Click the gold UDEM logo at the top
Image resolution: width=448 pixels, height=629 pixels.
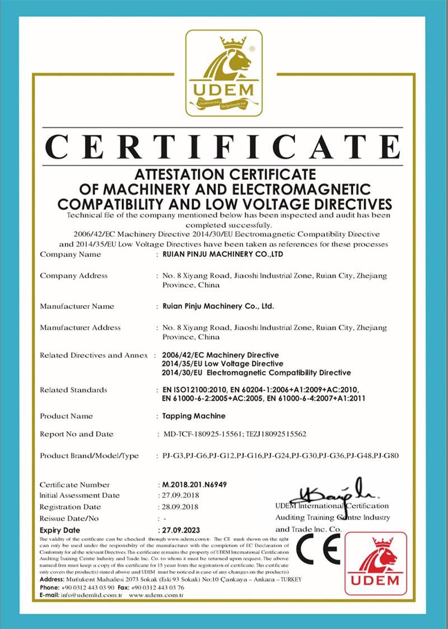pyautogui.click(x=224, y=73)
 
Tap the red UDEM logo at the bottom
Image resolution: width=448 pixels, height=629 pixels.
pyautogui.click(x=376, y=566)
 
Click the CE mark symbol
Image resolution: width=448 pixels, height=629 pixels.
pyautogui.click(x=318, y=549)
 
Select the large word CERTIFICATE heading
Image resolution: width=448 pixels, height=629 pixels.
pyautogui.click(x=223, y=147)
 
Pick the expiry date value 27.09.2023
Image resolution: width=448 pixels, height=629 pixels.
pyautogui.click(x=180, y=530)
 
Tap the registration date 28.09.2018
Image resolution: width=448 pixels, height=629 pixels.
pyautogui.click(x=179, y=507)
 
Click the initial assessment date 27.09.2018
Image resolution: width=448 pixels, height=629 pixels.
pyautogui.click(x=179, y=496)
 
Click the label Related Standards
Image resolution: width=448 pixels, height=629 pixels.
pyautogui.click(x=73, y=390)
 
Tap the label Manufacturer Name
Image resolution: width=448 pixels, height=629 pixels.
pyautogui.click(x=77, y=306)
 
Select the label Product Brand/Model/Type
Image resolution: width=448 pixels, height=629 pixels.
pyautogui.click(x=89, y=456)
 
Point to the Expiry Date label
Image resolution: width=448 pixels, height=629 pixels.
pyautogui.click(x=60, y=530)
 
